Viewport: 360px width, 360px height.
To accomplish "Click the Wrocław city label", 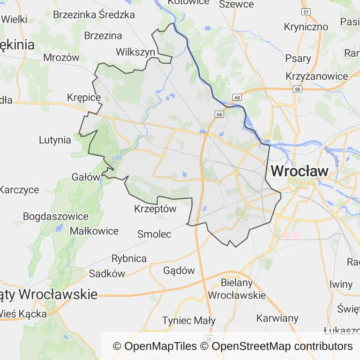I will (x=300, y=171).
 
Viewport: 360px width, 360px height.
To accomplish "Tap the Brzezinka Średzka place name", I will (x=94, y=15).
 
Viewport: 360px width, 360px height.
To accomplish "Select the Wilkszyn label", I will (x=135, y=52).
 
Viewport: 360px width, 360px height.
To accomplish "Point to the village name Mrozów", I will (x=61, y=58).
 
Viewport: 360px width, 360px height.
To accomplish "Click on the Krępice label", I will (x=84, y=97).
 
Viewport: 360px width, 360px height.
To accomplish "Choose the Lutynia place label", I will (x=55, y=140).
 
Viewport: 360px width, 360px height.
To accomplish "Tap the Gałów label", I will (x=86, y=177).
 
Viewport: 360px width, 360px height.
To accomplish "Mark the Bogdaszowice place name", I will (x=56, y=217).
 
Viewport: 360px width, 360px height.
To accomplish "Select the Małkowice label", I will (x=94, y=231).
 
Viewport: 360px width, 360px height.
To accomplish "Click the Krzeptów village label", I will (x=155, y=209).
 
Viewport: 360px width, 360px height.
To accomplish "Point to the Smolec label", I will (x=154, y=234).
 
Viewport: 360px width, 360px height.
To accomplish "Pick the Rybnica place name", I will (x=129, y=258).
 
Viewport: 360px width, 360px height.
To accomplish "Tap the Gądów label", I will (x=179, y=270).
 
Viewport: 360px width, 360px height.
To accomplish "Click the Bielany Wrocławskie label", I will (x=237, y=289).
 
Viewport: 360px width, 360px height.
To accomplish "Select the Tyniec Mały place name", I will (x=188, y=321).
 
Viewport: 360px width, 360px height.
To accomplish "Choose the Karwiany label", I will (x=277, y=318).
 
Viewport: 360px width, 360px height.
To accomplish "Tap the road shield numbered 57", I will (x=306, y=11).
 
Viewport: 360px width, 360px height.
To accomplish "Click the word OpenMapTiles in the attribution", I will (x=160, y=346).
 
